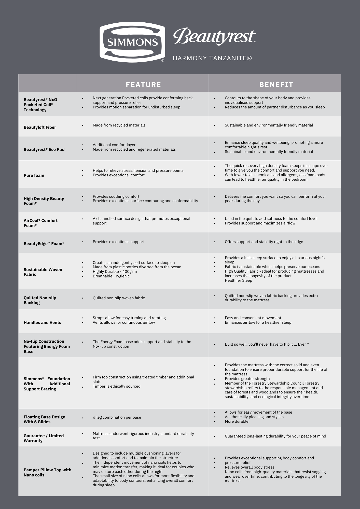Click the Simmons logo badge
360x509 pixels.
pos(132,42)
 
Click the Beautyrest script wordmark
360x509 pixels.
pos(214,36)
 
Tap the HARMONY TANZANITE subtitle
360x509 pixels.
pos(212,58)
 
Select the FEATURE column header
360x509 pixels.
pos(143,84)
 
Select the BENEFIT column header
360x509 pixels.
pos(276,84)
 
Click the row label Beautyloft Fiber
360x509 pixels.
pos(40,127)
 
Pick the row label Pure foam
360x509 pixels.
pos(34,175)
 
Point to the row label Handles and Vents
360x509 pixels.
pos(42,322)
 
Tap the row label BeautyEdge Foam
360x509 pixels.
pos(44,244)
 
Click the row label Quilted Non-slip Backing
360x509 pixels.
pos(40,300)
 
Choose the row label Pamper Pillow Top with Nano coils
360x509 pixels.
pos(47,472)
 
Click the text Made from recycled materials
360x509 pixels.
pos(119,125)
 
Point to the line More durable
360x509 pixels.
pos(236,421)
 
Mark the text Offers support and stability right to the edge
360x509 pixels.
pos(264,242)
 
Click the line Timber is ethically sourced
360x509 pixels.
pos(116,386)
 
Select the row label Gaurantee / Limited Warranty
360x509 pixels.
pos(44,438)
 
